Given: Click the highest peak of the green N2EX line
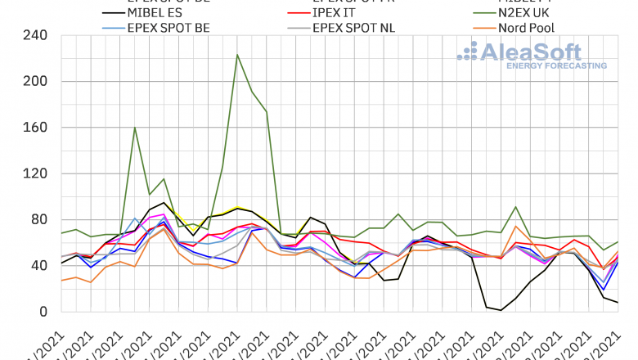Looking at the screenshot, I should [236, 55].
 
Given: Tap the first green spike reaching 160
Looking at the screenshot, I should [134, 128].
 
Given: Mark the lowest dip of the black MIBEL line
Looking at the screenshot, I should [501, 310].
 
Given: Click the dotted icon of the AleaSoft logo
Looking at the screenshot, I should [469, 52].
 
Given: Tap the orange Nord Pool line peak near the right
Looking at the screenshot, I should [515, 227].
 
